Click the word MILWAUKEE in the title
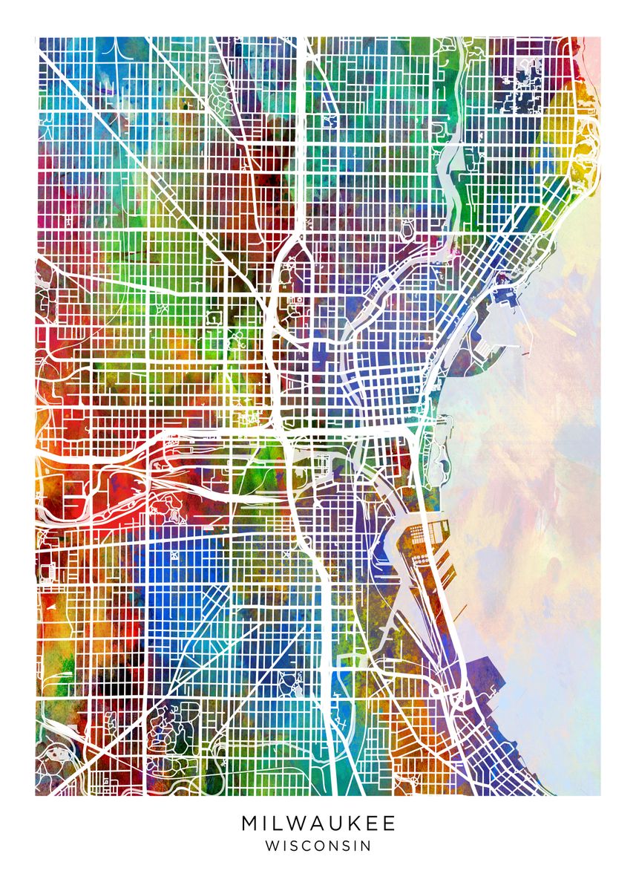pyautogui.click(x=318, y=823)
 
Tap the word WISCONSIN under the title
pyautogui.click(x=318, y=846)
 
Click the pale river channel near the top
pyautogui.click(x=450, y=160)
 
